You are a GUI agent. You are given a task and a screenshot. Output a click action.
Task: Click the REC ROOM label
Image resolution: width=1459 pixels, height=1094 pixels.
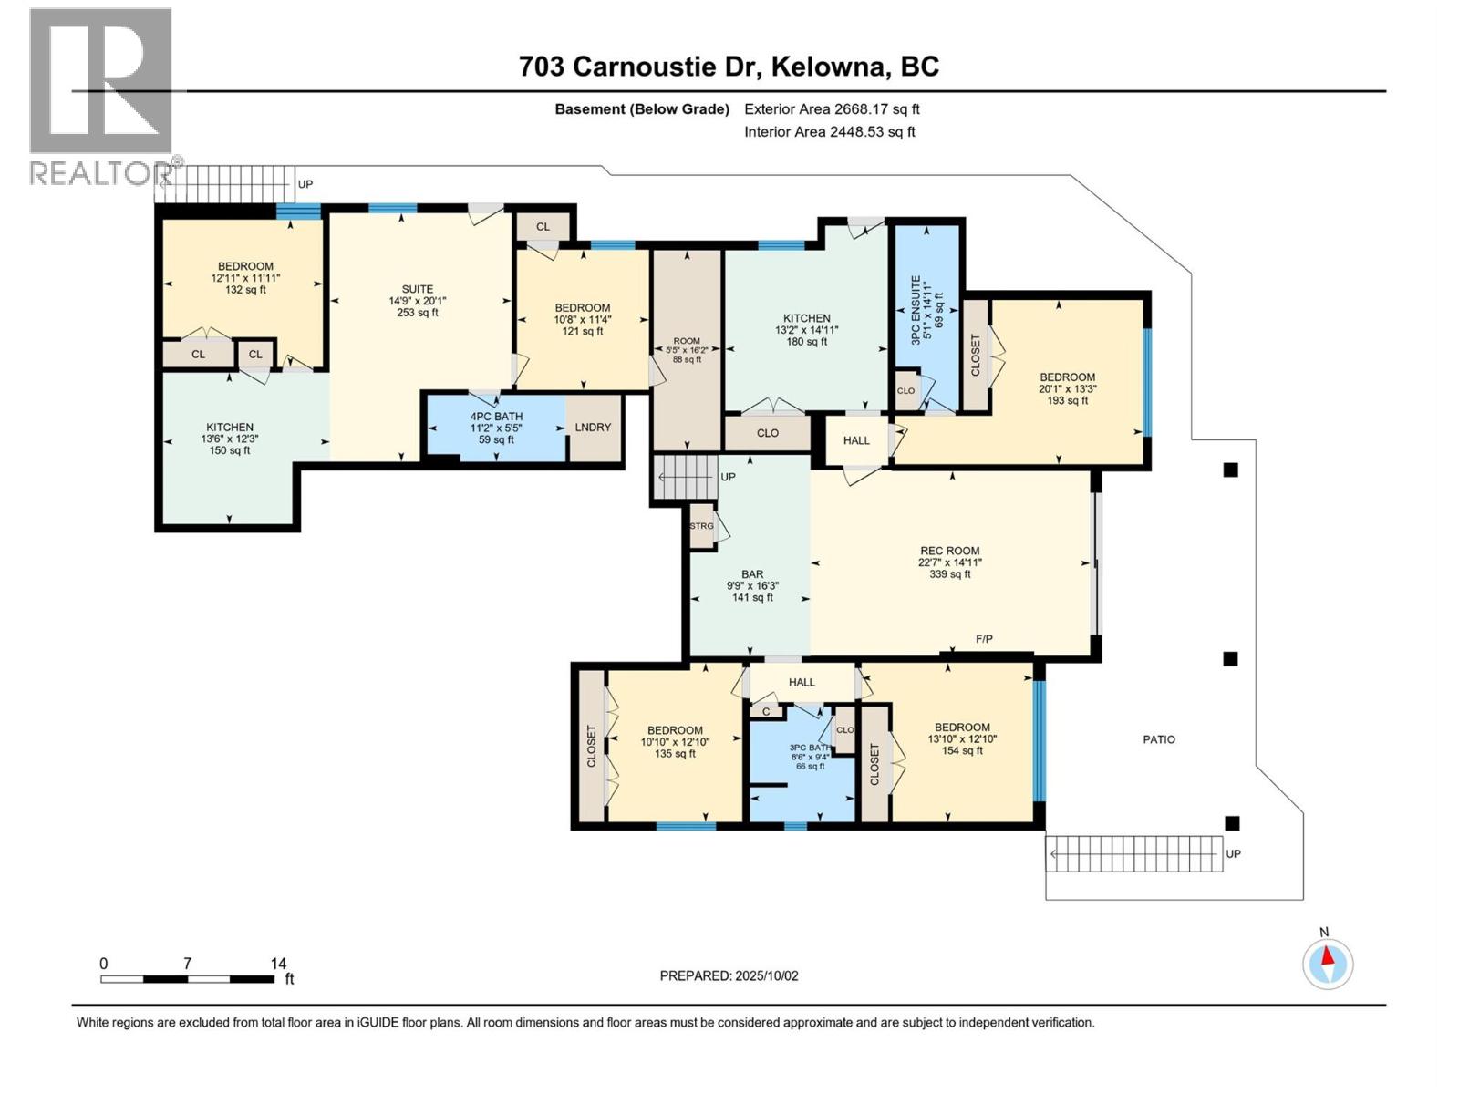tap(949, 551)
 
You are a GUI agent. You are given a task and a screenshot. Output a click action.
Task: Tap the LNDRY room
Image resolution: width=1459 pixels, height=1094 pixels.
tap(593, 427)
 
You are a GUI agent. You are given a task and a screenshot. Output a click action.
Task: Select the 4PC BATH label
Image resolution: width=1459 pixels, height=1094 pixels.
tap(496, 416)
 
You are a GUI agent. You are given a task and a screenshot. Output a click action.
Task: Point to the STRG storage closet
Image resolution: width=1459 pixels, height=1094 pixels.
tap(701, 527)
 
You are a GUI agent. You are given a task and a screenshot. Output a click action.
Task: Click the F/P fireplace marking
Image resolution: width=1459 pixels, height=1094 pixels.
tap(984, 639)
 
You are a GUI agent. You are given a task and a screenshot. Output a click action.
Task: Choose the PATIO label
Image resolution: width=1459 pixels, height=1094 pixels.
tap(1159, 739)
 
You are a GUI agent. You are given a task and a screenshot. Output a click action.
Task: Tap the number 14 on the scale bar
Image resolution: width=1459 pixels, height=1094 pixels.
tap(278, 964)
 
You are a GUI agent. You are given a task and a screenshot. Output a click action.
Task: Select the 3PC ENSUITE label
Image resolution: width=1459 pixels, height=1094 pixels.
tap(915, 310)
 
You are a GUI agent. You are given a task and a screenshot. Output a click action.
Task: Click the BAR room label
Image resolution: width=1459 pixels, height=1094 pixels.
tap(752, 574)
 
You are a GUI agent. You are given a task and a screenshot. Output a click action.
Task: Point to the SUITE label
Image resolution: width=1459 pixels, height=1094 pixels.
tap(418, 289)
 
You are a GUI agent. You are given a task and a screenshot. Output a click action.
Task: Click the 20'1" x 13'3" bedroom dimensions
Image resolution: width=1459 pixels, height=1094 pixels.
tap(1067, 388)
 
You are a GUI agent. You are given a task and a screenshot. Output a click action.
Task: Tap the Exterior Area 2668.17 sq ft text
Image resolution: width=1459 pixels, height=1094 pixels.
tap(832, 109)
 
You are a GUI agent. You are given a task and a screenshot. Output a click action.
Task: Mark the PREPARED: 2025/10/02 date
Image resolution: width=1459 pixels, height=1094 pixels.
tap(729, 975)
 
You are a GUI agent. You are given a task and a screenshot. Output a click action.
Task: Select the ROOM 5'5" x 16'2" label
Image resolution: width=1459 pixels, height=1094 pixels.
tap(687, 349)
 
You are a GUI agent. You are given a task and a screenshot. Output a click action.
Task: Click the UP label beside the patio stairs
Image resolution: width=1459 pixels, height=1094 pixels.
tap(1233, 854)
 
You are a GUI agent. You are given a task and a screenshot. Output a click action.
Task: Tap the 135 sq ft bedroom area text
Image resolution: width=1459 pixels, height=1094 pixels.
tap(675, 753)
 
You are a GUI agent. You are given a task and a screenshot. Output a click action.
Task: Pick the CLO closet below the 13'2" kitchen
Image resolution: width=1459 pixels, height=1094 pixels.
tap(767, 433)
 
